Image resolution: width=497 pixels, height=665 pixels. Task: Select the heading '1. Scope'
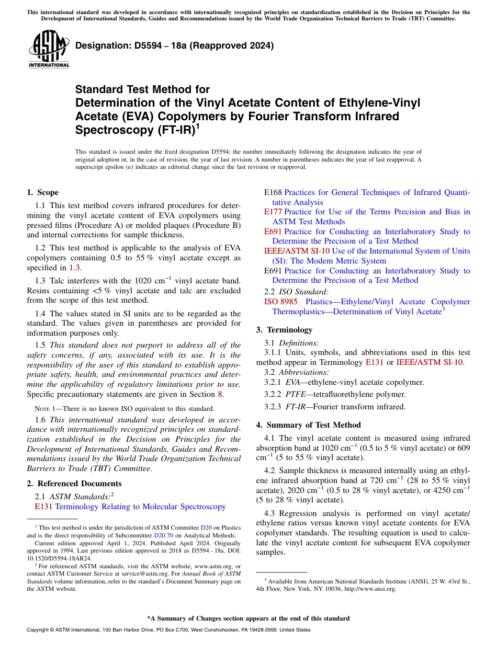pyautogui.click(x=42, y=192)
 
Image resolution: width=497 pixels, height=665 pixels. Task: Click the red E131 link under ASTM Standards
pyautogui.click(x=43, y=507)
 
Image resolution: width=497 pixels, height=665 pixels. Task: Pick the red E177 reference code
pyautogui.click(x=273, y=212)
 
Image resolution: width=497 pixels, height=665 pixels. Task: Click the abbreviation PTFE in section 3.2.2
pyautogui.click(x=296, y=394)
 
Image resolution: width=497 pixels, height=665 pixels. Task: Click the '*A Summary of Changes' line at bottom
pyautogui.click(x=248, y=618)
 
